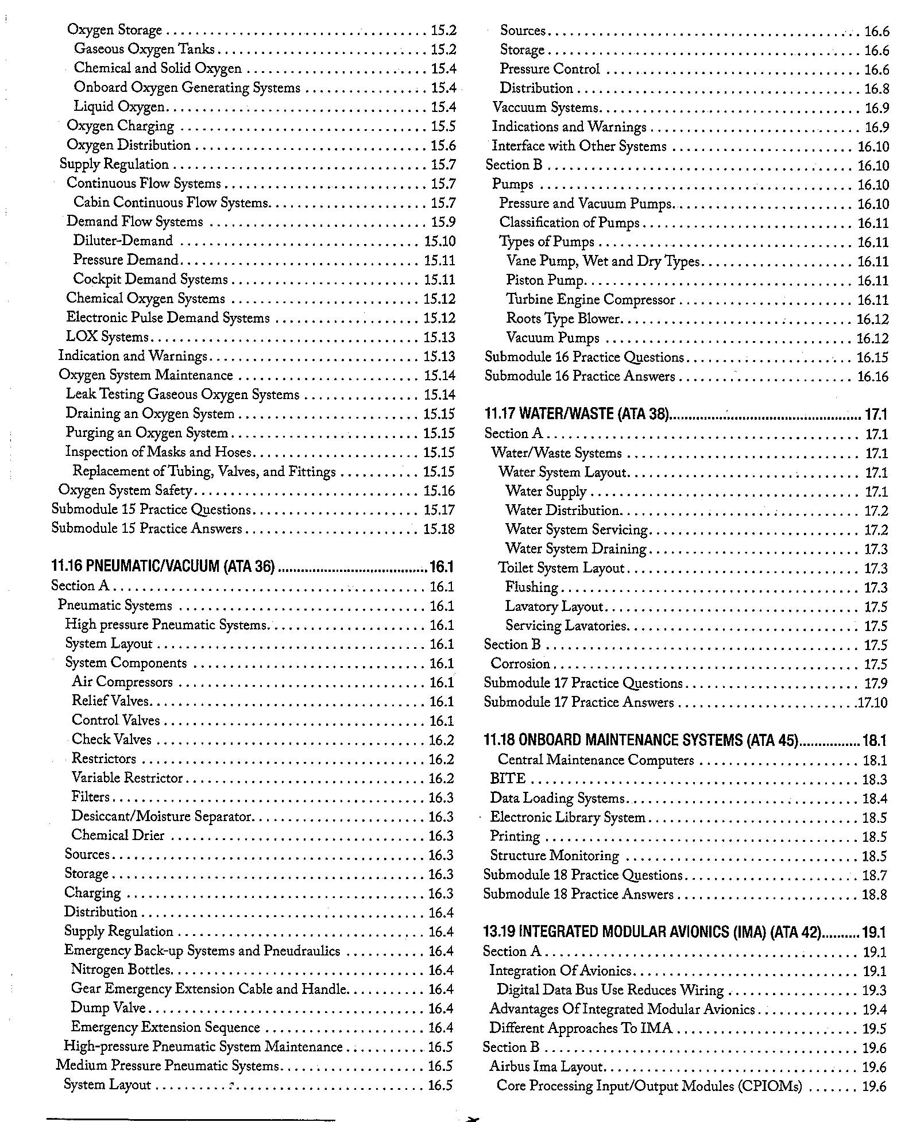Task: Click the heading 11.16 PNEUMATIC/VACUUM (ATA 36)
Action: (x=163, y=567)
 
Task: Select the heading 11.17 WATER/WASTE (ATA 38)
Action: (x=577, y=414)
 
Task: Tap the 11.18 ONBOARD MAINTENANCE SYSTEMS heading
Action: (x=641, y=740)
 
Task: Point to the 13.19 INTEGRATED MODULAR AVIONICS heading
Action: (x=652, y=931)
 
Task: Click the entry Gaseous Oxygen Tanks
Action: (x=144, y=49)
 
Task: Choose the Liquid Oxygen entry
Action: (x=119, y=107)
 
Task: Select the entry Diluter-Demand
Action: (x=123, y=241)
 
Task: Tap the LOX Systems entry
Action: (x=107, y=337)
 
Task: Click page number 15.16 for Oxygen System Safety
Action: (x=439, y=491)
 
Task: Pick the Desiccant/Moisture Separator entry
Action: (x=161, y=817)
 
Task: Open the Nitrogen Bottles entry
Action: (x=121, y=970)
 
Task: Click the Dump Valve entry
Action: (x=108, y=1008)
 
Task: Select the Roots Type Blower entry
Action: (x=563, y=319)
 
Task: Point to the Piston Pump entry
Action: (x=545, y=281)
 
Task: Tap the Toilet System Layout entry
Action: (x=561, y=568)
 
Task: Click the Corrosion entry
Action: (x=520, y=664)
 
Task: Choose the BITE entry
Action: (x=508, y=779)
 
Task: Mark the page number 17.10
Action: (x=873, y=703)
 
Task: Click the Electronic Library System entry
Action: (x=567, y=817)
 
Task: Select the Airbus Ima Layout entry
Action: (x=546, y=1067)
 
